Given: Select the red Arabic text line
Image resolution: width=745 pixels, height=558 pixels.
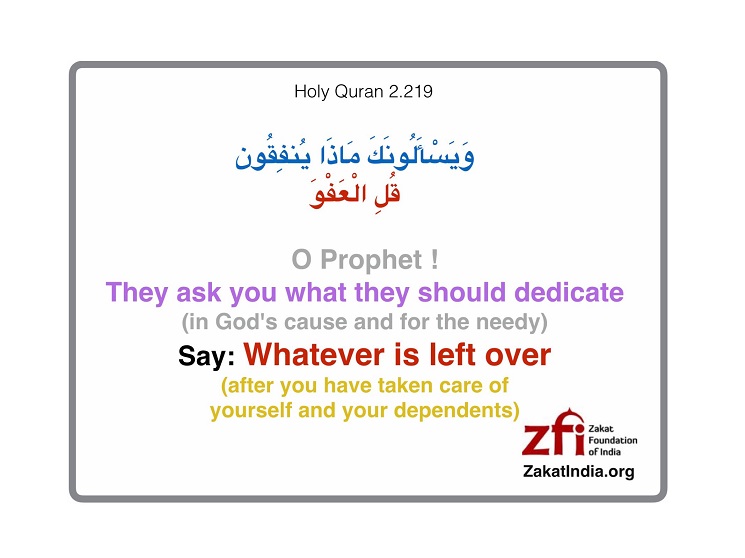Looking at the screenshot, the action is pyautogui.click(x=354, y=192).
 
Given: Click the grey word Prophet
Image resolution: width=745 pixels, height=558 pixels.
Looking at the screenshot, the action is pyautogui.click(x=371, y=260).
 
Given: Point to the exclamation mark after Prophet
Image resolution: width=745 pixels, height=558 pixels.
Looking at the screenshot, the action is pyautogui.click(x=434, y=260).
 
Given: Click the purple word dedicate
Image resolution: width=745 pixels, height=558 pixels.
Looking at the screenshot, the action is pyautogui.click(x=569, y=292).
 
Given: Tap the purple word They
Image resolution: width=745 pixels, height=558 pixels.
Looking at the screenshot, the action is pyautogui.click(x=137, y=293).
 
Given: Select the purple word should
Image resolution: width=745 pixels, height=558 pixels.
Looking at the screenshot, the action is pyautogui.click(x=462, y=292).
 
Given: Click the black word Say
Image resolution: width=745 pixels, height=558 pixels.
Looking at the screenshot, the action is pyautogui.click(x=206, y=356).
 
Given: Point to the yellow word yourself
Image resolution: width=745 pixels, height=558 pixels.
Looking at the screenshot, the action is pyautogui.click(x=251, y=411).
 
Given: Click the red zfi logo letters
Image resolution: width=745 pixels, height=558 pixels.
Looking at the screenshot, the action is pyautogui.click(x=554, y=433).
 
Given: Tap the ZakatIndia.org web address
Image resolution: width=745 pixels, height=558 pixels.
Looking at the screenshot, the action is pyautogui.click(x=579, y=471).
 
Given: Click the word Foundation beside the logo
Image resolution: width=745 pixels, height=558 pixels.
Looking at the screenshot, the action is pyautogui.click(x=613, y=440).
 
